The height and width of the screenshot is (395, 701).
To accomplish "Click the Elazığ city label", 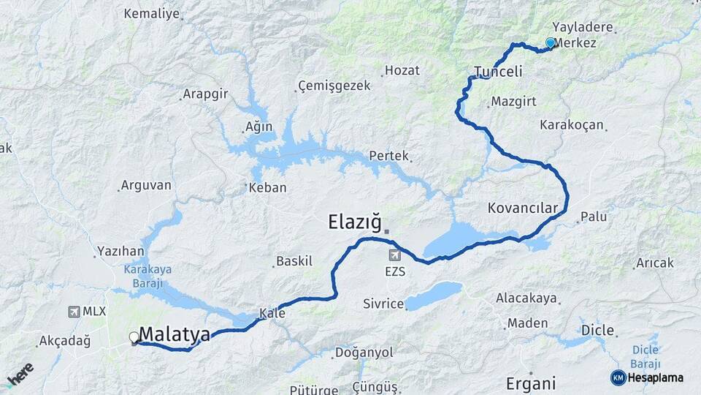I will (x=354, y=221).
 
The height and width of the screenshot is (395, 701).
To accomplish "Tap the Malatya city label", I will (x=175, y=335).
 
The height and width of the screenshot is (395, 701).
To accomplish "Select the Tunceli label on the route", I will (x=499, y=72).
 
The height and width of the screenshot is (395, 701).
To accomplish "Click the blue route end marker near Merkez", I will (x=550, y=43).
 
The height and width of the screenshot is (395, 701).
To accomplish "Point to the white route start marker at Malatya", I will (x=134, y=337).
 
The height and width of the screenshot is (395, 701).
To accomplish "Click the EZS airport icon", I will (x=395, y=255).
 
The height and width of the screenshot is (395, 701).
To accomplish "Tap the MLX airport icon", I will (x=74, y=312).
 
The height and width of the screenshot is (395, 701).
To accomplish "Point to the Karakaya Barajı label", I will (x=148, y=274).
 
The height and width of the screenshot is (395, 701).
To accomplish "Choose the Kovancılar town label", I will (x=523, y=208).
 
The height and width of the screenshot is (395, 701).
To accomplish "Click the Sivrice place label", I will (x=384, y=304).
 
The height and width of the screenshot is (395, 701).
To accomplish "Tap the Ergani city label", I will (x=531, y=383).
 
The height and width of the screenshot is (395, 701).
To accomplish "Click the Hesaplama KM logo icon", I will (x=618, y=377).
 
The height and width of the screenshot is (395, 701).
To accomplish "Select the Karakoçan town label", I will (x=572, y=125).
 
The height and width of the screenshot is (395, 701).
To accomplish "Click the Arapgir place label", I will (x=205, y=94).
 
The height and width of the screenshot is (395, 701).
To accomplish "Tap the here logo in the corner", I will (x=19, y=375).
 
